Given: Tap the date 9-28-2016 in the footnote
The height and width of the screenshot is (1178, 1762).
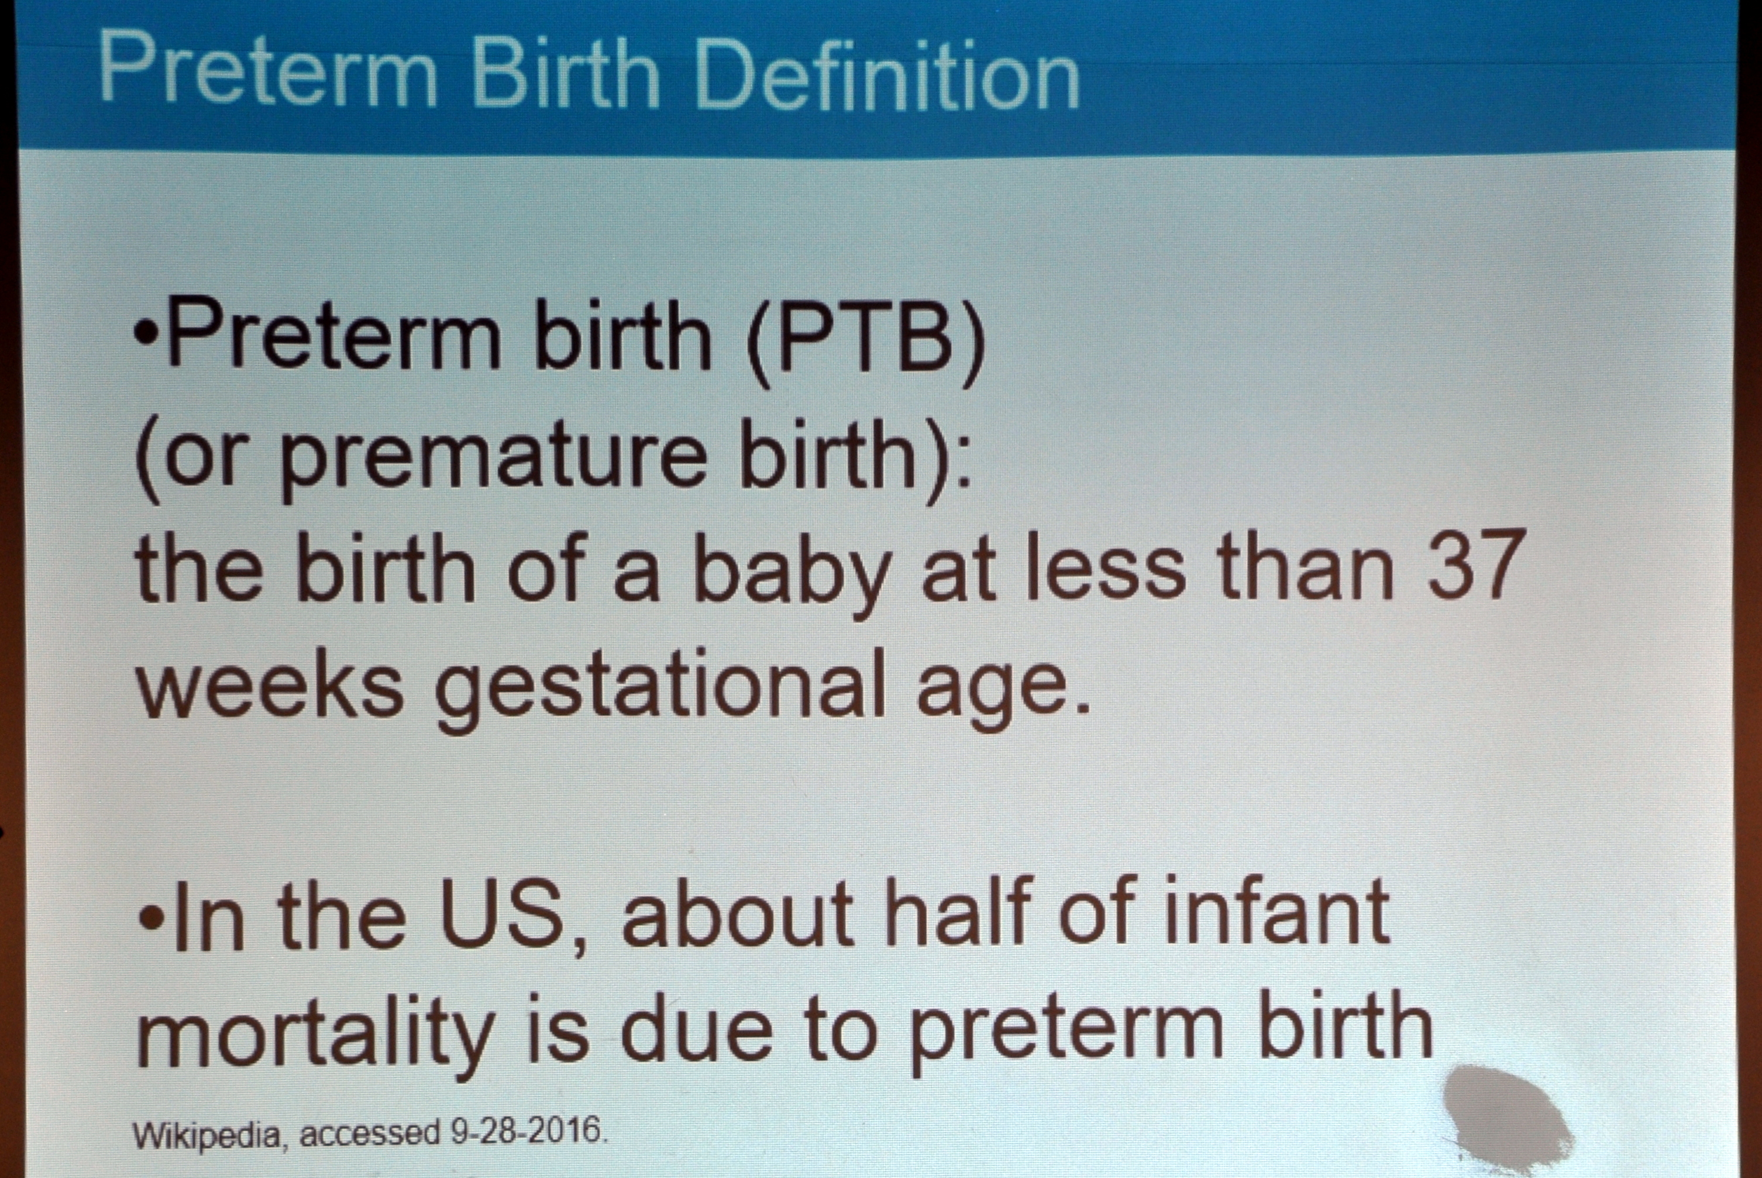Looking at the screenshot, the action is [x=528, y=1131].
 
